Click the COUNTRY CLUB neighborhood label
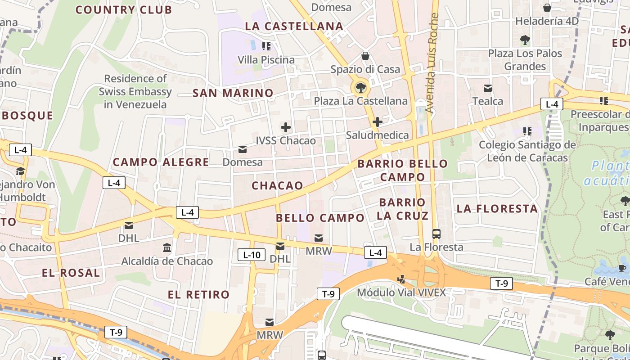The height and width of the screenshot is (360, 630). (123, 10)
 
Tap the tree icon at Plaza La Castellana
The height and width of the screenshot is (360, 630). (360, 87)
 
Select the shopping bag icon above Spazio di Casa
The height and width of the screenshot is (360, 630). (365, 56)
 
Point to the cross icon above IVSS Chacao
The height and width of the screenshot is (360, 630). (285, 127)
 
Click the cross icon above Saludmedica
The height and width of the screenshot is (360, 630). (377, 122)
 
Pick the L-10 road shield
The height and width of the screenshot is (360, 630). (252, 255)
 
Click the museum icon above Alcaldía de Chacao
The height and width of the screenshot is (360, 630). (167, 248)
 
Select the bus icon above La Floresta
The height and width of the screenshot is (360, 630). (436, 234)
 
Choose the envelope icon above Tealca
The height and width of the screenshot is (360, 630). (488, 88)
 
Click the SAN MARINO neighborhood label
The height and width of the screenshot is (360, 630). (233, 93)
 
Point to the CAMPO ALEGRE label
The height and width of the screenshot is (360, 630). (161, 162)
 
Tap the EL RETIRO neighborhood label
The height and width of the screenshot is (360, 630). (198, 295)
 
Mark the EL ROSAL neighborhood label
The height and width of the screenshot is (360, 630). (71, 273)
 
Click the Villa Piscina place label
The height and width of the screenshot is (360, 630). (266, 60)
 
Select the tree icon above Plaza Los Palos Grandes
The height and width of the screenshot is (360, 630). (525, 40)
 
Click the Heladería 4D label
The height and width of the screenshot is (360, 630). (547, 21)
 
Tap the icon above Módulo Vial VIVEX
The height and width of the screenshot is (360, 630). (401, 279)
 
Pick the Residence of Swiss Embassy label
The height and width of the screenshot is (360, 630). (135, 91)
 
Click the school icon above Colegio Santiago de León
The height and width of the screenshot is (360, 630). (527, 132)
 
